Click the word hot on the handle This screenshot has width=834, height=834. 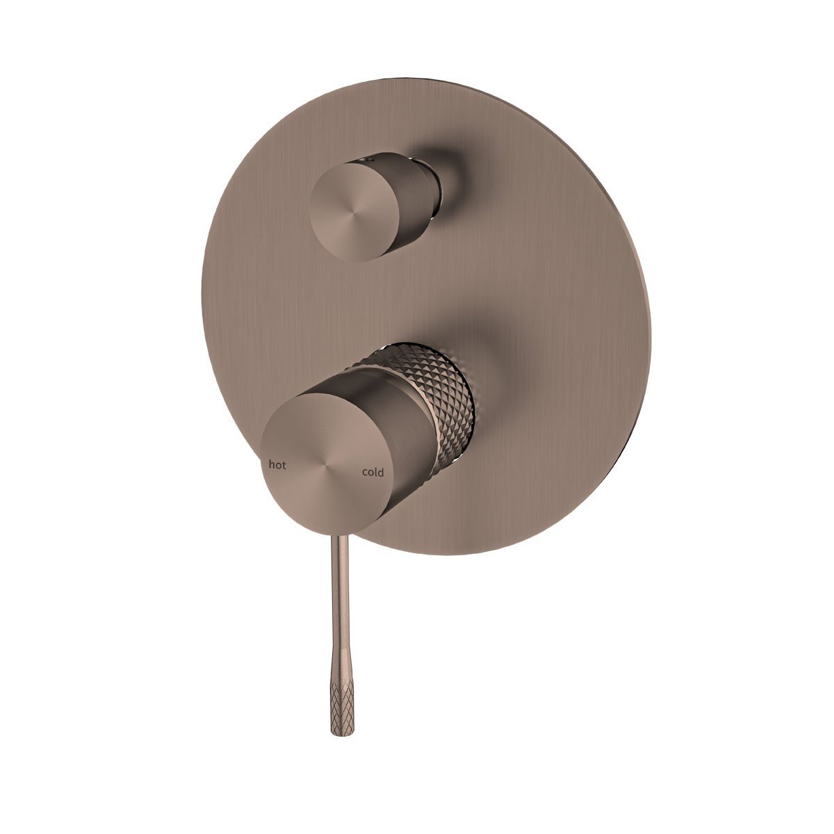tap(277, 466)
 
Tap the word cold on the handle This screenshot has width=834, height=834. tap(373, 473)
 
